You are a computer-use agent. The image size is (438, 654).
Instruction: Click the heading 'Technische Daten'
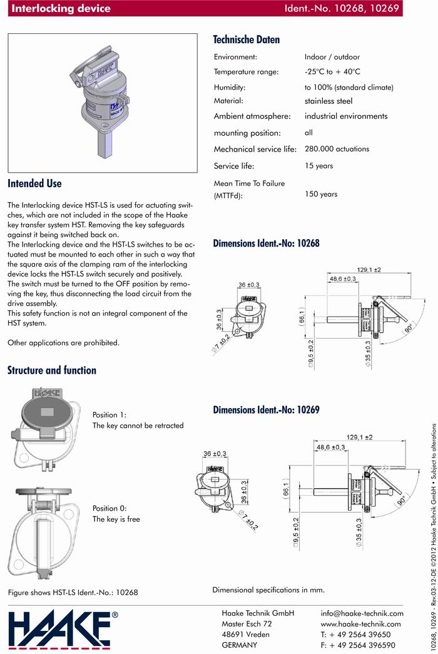(x=247, y=39)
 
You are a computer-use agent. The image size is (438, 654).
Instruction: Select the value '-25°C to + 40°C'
(x=341, y=72)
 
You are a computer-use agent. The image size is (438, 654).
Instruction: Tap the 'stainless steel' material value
(x=328, y=101)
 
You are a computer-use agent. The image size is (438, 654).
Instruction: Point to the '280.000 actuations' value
(x=337, y=149)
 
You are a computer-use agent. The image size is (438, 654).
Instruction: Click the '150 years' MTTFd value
(x=321, y=194)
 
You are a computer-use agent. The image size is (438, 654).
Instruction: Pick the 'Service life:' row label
(x=238, y=166)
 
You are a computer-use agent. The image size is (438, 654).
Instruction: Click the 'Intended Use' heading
(x=34, y=183)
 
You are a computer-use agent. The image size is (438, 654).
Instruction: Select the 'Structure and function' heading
(x=52, y=370)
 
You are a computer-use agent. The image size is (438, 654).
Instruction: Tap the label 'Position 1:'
(x=109, y=415)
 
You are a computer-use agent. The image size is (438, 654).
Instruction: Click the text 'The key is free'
(x=116, y=519)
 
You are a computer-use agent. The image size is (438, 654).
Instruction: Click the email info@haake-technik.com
(x=362, y=613)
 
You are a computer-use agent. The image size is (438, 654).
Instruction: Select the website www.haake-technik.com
(x=360, y=624)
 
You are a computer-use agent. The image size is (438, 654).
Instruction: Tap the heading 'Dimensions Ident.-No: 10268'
(x=267, y=243)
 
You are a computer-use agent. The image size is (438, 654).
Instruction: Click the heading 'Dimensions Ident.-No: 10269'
(x=267, y=410)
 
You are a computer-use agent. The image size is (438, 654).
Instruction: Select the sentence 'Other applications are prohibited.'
(x=63, y=342)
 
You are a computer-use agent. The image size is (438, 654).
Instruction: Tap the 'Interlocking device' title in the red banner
(x=61, y=9)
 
